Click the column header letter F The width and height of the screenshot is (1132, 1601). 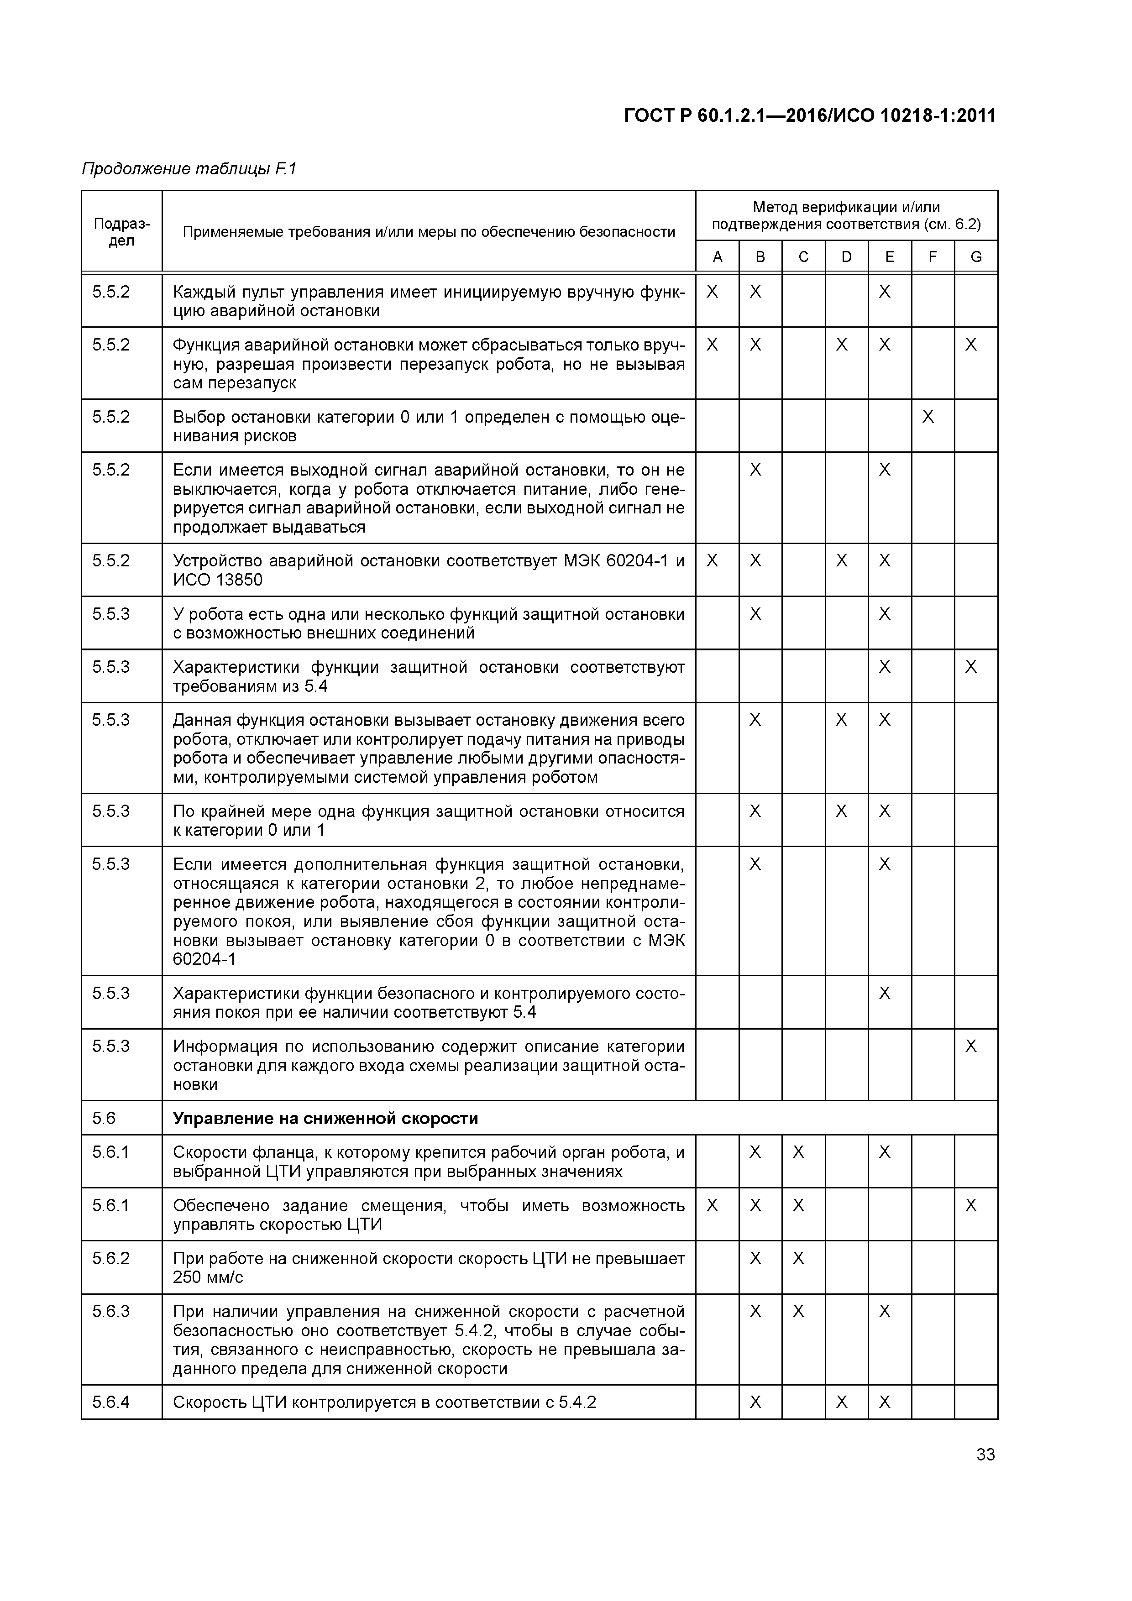point(933,256)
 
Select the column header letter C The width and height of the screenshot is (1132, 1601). point(803,256)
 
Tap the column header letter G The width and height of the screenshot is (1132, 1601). point(976,256)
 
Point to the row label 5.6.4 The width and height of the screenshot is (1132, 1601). point(111,1402)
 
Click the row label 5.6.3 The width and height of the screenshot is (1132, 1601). point(111,1312)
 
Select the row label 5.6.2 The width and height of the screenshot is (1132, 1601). point(111,1259)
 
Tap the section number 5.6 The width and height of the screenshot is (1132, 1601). point(104,1119)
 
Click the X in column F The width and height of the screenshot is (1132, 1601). point(928,417)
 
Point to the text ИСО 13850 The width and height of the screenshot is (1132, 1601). point(218,580)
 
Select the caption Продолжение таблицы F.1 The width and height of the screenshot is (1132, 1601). point(189,169)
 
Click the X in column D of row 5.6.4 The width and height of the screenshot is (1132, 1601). point(842,1402)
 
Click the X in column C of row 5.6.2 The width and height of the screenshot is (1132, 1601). point(799,1259)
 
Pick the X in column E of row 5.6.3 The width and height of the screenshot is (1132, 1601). point(885,1312)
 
